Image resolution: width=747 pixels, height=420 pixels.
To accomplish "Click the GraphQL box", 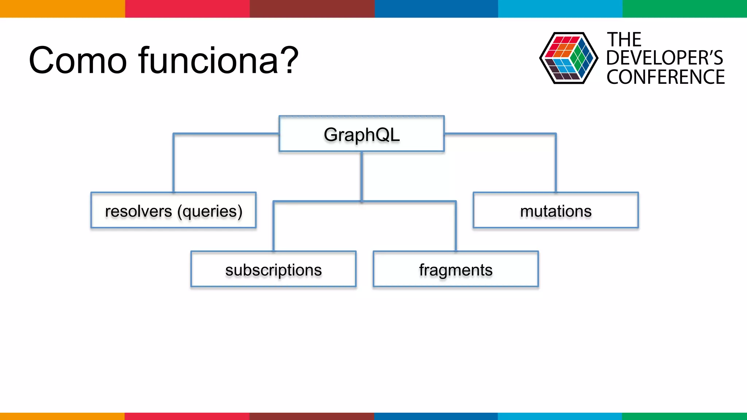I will click(361, 134).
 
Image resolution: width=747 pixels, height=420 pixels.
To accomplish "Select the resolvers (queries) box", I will click(173, 210).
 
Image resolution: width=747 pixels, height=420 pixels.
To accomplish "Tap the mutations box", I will click(556, 210).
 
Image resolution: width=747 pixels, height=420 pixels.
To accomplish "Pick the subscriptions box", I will click(273, 269).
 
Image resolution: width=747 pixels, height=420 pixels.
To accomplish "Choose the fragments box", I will click(456, 269).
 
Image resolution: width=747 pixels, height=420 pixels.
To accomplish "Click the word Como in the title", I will click(78, 61).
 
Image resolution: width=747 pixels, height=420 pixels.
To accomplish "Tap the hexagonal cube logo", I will click(568, 58).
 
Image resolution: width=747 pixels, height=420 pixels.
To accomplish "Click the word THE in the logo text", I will click(624, 40).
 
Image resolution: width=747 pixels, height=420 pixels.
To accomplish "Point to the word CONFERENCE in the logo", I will click(665, 77).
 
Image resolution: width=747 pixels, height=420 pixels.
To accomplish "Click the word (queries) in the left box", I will click(210, 211).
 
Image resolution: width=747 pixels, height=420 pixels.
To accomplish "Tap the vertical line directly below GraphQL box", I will click(361, 175).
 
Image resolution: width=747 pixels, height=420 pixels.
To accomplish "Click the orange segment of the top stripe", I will click(62, 8).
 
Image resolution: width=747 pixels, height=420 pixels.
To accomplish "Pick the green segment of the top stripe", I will click(685, 8).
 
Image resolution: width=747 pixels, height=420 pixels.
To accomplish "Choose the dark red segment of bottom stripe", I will click(311, 416).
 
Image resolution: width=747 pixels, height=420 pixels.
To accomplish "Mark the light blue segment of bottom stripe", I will click(560, 416).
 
